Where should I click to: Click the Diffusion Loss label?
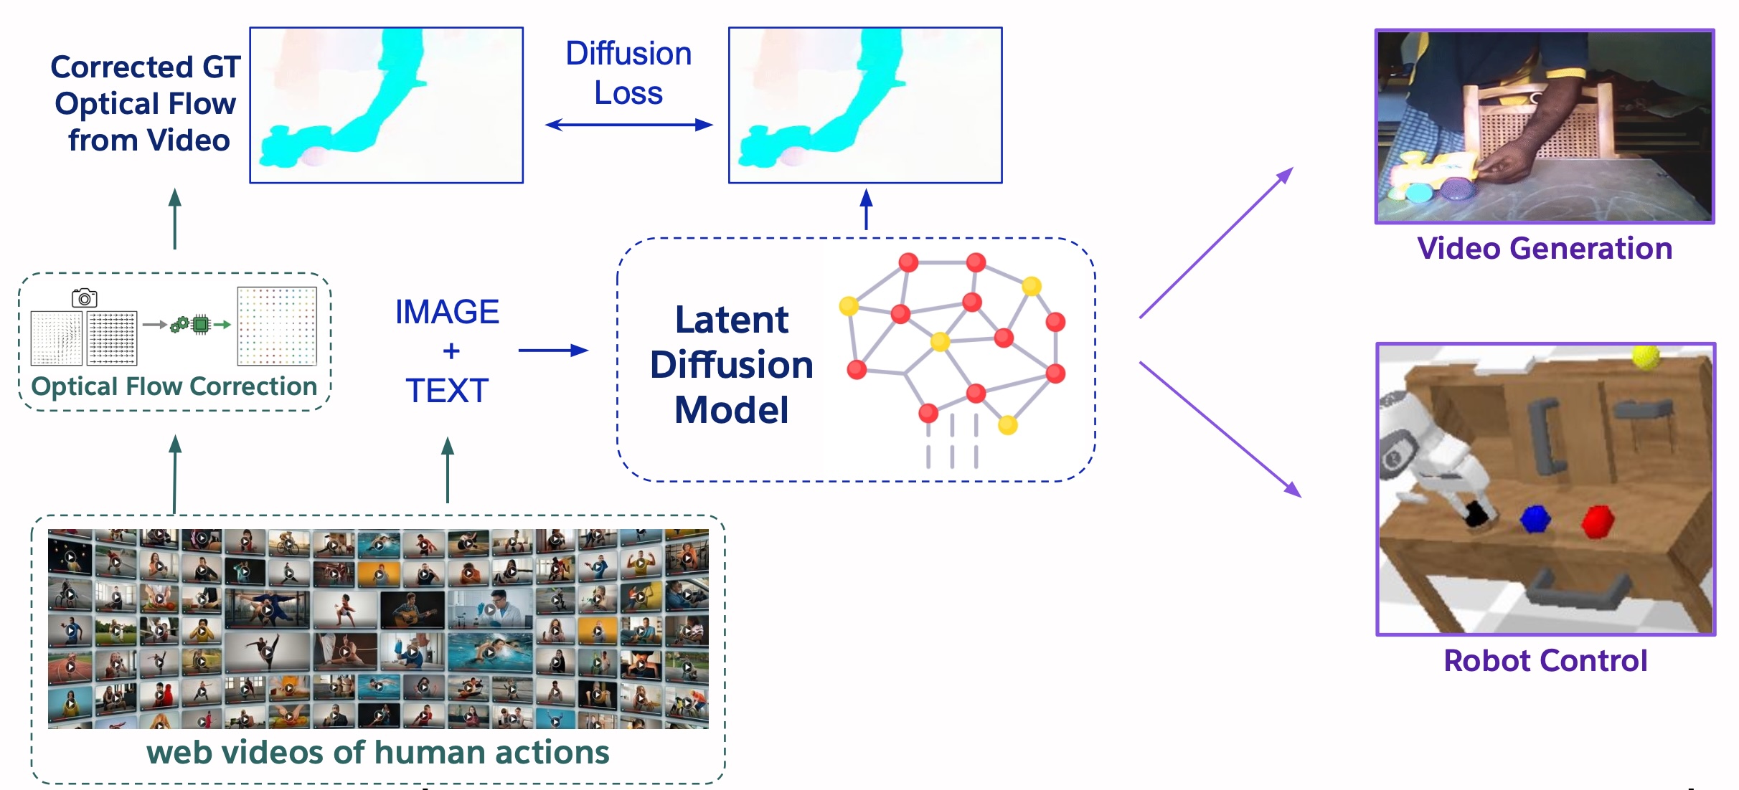pos(628,73)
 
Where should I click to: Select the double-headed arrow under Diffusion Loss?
pos(628,125)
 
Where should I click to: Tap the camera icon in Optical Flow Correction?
pos(85,298)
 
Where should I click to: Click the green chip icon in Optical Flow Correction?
pos(202,325)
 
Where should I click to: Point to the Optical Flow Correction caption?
pos(174,386)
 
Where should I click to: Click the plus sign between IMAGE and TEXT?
pos(451,351)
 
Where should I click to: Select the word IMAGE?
pos(447,312)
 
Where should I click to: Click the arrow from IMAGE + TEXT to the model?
pos(553,351)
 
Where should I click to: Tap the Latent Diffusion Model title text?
pos(732,364)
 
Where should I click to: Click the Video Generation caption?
pos(1545,249)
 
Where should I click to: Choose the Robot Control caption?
pos(1545,661)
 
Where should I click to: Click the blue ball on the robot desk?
pos(1535,518)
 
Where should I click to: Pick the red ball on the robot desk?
pos(1598,521)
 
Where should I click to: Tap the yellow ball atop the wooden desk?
pos(1646,356)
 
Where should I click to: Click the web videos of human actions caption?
pos(378,753)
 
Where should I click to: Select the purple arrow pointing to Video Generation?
pos(1216,242)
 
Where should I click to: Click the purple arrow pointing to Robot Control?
pos(1220,429)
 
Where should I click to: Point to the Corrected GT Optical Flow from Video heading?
pos(146,103)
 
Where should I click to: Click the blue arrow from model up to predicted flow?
pos(866,209)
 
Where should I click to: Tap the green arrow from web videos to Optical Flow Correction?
pos(175,474)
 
